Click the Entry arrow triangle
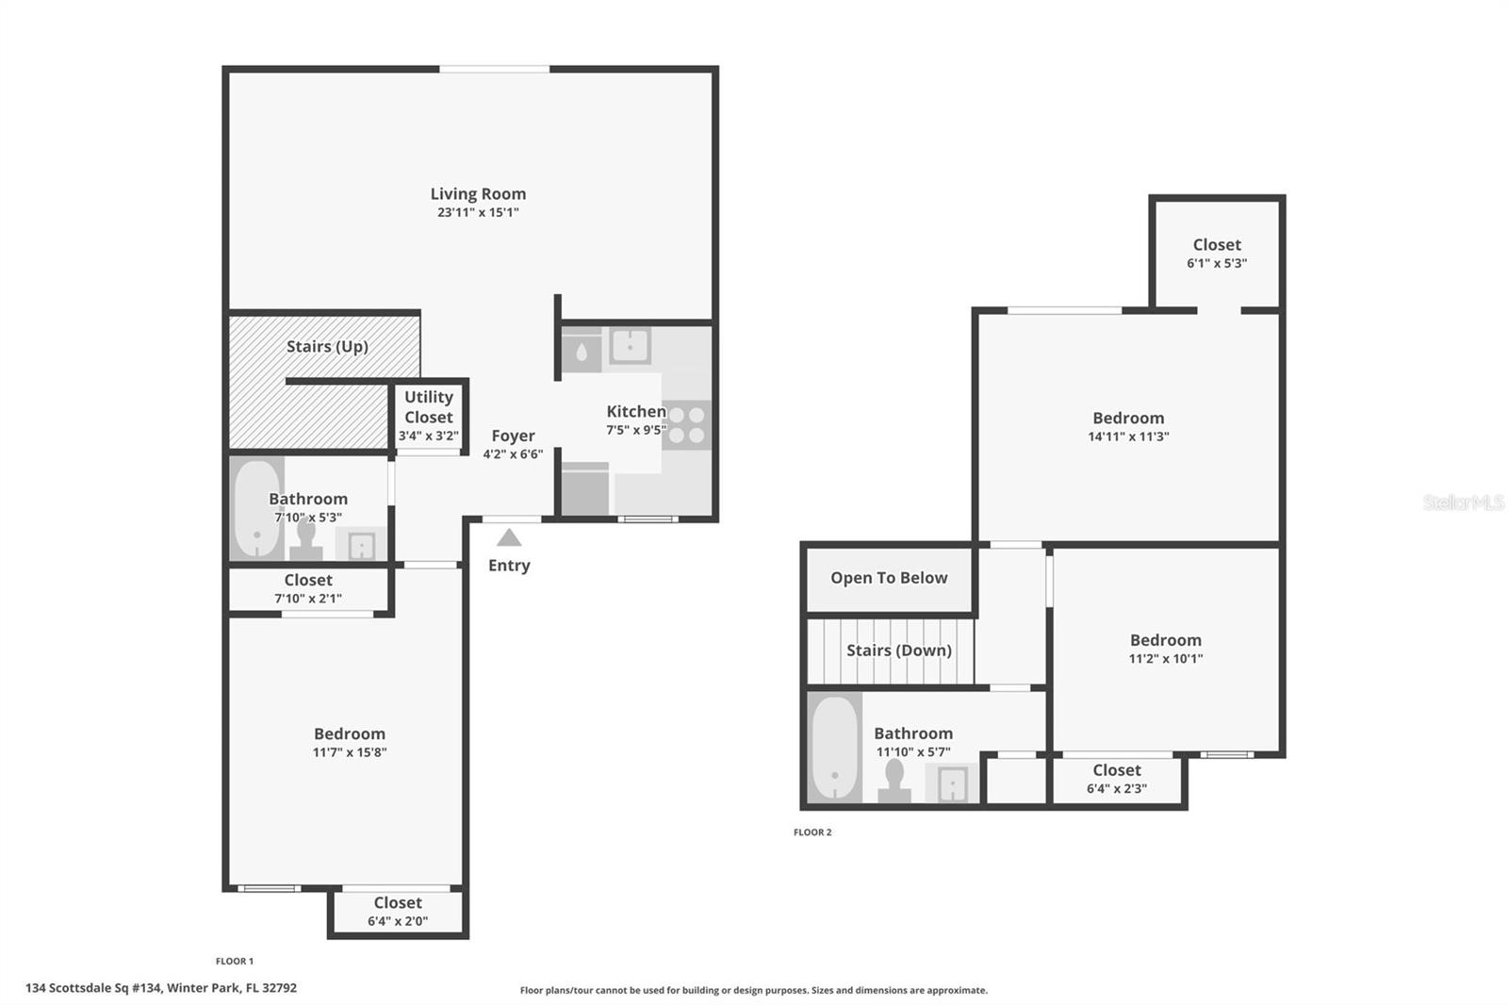pyautogui.click(x=509, y=538)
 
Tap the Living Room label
pyautogui.click(x=478, y=194)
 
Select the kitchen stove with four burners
pyautogui.click(x=687, y=424)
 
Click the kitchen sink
pyautogui.click(x=629, y=345)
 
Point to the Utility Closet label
pyautogui.click(x=429, y=407)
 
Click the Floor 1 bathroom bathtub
pyautogui.click(x=256, y=509)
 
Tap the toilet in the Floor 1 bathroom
pyautogui.click(x=305, y=540)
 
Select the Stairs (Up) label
pyautogui.click(x=327, y=347)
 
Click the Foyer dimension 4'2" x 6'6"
pyautogui.click(x=513, y=454)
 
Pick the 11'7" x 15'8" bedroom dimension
pyautogui.click(x=350, y=752)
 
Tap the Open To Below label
pyautogui.click(x=889, y=578)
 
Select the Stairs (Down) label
pyautogui.click(x=898, y=651)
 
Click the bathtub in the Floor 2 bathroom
pyautogui.click(x=835, y=748)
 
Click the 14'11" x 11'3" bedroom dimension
pyautogui.click(x=1128, y=437)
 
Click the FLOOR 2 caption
pyautogui.click(x=812, y=832)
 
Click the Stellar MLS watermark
pyautogui.click(x=1463, y=502)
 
